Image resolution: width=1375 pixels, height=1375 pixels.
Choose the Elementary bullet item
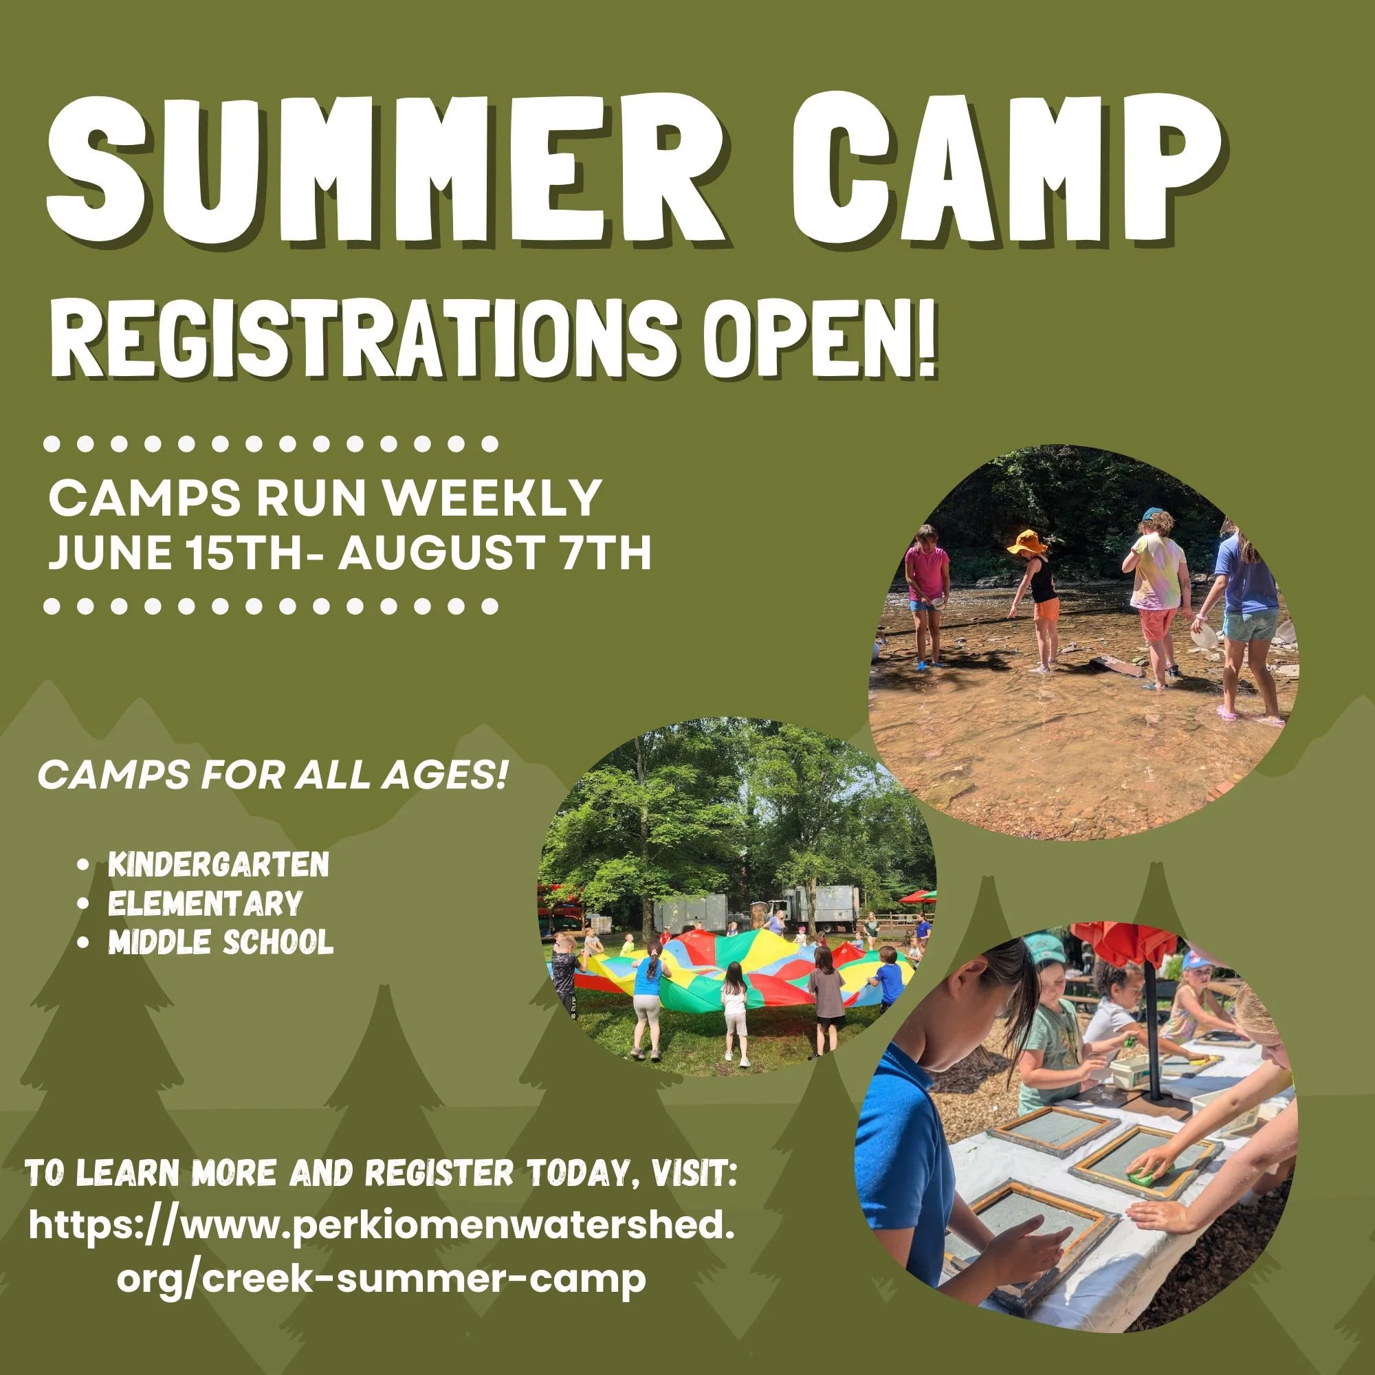tap(205, 903)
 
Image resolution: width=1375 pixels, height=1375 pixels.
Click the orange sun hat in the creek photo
tap(1026, 542)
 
